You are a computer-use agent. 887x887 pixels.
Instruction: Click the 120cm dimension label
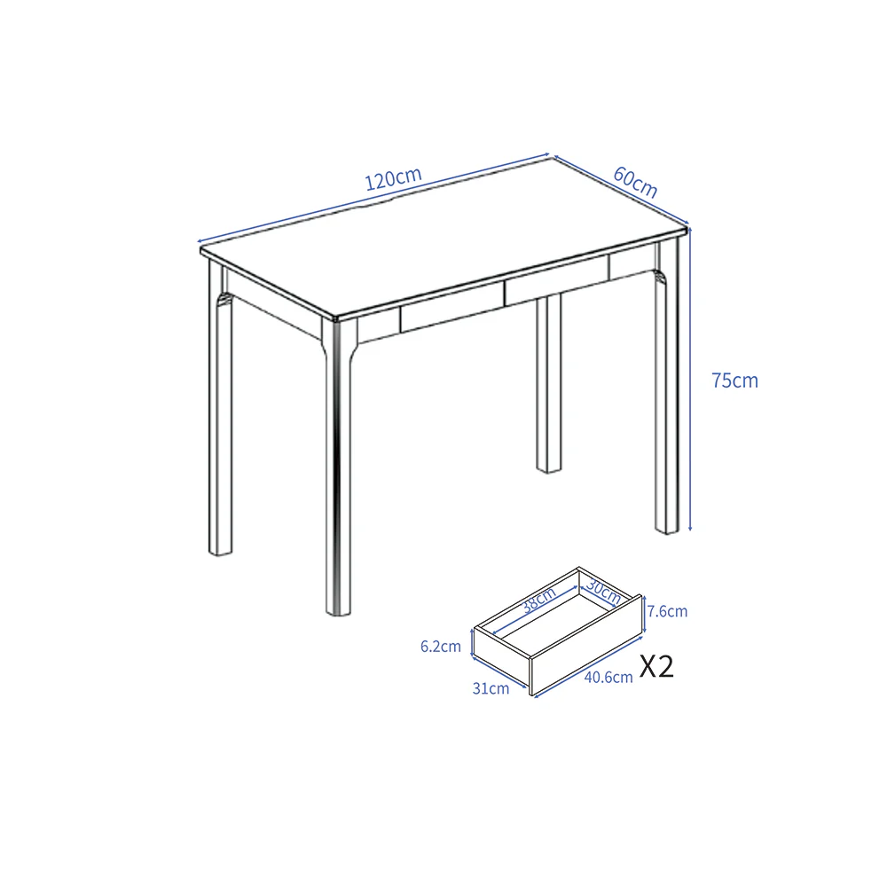click(x=393, y=179)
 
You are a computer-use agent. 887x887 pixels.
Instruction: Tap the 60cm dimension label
click(x=635, y=182)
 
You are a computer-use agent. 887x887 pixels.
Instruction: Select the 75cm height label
click(x=734, y=381)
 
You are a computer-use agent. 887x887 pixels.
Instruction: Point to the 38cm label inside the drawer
click(x=539, y=600)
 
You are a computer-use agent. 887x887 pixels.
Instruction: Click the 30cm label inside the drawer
click(x=603, y=591)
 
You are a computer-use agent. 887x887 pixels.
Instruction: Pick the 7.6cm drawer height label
click(x=668, y=611)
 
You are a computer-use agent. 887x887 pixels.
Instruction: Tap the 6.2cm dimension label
click(x=441, y=647)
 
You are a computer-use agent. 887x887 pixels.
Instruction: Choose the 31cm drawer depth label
click(x=491, y=688)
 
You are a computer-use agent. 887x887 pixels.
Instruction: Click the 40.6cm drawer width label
click(x=608, y=677)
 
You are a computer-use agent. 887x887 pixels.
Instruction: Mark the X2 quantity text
click(x=656, y=666)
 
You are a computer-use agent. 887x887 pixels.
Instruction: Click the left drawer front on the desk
click(x=452, y=308)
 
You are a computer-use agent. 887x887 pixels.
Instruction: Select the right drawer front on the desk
click(x=557, y=280)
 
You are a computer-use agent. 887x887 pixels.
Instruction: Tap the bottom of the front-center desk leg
click(x=338, y=610)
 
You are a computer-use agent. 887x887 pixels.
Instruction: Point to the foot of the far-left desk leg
click(x=221, y=551)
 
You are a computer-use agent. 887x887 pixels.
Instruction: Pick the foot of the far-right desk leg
click(x=667, y=530)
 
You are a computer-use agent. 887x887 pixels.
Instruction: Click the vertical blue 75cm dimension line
click(x=689, y=380)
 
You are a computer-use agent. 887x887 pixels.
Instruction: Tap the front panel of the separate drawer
click(x=586, y=645)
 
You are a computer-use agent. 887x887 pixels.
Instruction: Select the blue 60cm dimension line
click(x=621, y=190)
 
